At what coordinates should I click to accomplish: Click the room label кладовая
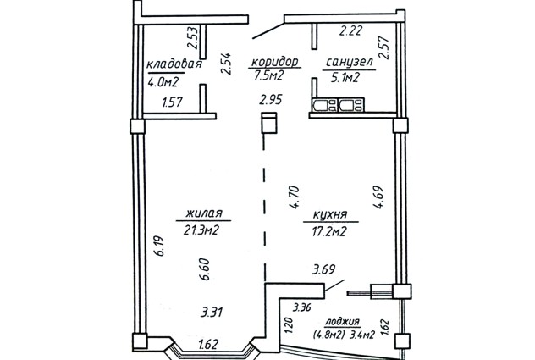tap(174, 64)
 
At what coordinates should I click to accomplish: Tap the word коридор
tap(275, 62)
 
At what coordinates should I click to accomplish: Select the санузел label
tap(350, 62)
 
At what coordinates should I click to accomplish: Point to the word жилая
tap(204, 213)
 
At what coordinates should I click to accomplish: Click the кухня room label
tap(330, 215)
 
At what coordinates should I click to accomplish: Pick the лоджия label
tap(342, 321)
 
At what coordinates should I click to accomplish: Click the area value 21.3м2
tap(201, 231)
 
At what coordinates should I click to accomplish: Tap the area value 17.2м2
tap(329, 232)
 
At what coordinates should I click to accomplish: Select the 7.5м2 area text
tap(269, 75)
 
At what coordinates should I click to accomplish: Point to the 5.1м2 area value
tap(345, 78)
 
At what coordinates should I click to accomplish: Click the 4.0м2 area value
tap(163, 82)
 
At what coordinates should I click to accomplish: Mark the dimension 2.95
tap(271, 100)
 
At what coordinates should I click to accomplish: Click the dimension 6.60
tap(206, 269)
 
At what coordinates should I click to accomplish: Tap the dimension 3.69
tap(323, 269)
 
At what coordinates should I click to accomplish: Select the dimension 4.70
tap(294, 197)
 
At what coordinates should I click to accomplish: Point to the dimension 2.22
tap(350, 31)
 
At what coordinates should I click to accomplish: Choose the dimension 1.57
tap(173, 102)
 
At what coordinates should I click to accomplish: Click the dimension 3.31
tap(212, 313)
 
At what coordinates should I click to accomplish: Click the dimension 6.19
tap(159, 246)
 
